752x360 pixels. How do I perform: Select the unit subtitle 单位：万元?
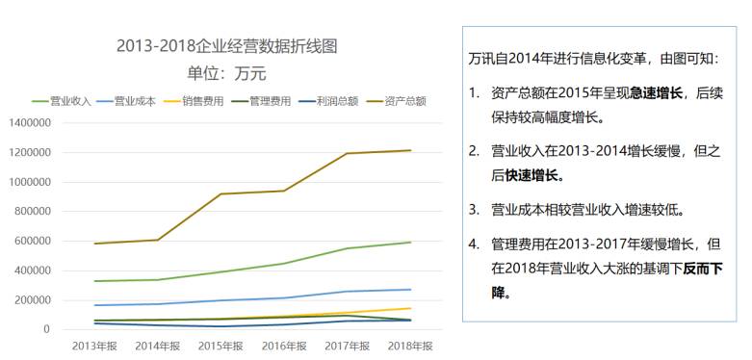pyautogui.click(x=226, y=72)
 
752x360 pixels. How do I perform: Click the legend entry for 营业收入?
pyautogui.click(x=65, y=99)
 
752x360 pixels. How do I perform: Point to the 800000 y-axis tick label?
pyautogui.click(x=32, y=212)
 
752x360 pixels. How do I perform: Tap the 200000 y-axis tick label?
pyautogui.click(x=32, y=300)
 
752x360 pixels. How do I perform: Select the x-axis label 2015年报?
pyautogui.click(x=221, y=345)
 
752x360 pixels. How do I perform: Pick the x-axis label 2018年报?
pyautogui.click(x=410, y=345)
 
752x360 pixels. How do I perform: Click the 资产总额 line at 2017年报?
pyautogui.click(x=347, y=153)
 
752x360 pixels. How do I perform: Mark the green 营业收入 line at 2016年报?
pyautogui.click(x=284, y=264)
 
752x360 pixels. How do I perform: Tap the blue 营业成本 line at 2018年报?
pyautogui.click(x=410, y=290)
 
